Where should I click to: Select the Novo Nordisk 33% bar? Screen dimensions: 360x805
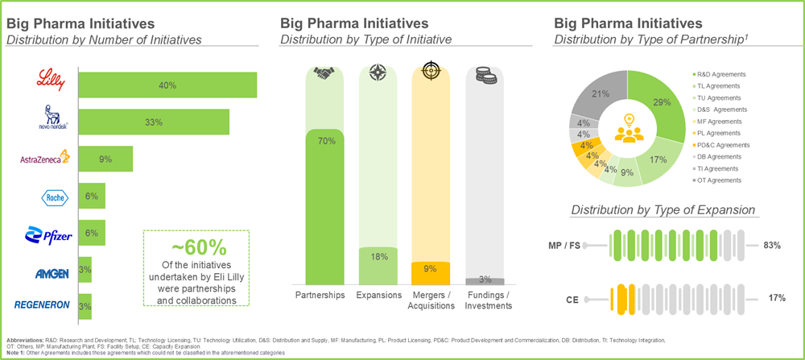click(x=154, y=122)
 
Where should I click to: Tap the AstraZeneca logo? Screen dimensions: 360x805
click(x=45, y=159)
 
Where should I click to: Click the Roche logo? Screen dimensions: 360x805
click(x=50, y=197)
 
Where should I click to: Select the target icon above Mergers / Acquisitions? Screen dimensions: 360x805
click(x=431, y=72)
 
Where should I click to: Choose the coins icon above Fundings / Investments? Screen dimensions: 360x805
click(x=485, y=72)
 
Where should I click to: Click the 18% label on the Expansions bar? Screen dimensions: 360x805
click(x=378, y=256)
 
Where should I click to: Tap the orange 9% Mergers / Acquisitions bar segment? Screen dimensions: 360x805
click(x=431, y=273)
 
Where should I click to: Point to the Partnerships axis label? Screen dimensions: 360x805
click(x=324, y=295)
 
